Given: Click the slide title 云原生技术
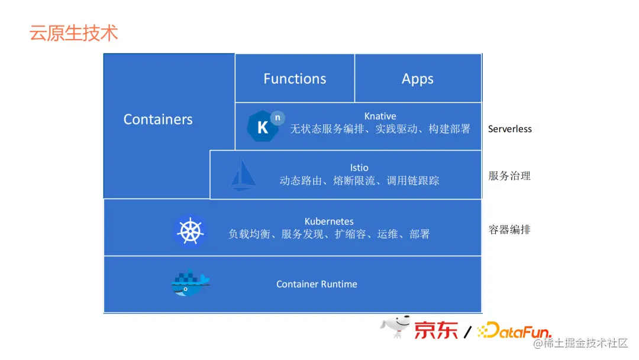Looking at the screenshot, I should click(x=74, y=33).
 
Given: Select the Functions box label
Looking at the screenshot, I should click(x=295, y=79).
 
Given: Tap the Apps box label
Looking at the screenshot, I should click(x=418, y=79).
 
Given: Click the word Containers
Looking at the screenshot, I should click(x=158, y=120).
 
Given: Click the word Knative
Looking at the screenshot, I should click(x=380, y=116).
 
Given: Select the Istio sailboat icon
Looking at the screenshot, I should click(x=243, y=175).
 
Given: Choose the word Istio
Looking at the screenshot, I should click(x=359, y=168).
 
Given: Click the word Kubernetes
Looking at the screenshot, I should click(x=329, y=221).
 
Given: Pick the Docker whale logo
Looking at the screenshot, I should click(x=190, y=284).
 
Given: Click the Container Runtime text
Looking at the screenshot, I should click(x=317, y=284).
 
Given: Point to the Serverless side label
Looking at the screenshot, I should click(x=509, y=129).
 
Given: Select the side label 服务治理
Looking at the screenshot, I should click(x=509, y=176).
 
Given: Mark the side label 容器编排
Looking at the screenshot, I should click(x=509, y=230).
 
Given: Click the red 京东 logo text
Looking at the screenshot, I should click(x=436, y=330).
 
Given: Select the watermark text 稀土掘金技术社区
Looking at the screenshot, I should click(x=585, y=343).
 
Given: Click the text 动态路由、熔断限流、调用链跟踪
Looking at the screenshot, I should click(x=359, y=181).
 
